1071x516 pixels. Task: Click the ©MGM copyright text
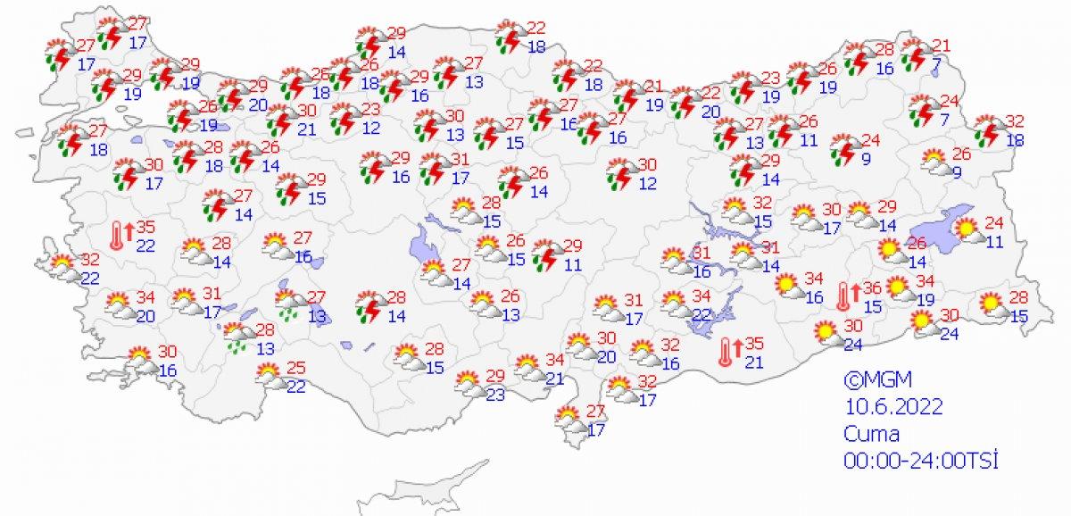(x=870, y=379)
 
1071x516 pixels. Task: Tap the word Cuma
(x=872, y=434)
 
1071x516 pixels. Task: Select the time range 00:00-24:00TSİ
(x=919, y=461)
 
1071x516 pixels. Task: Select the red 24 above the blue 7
(x=948, y=101)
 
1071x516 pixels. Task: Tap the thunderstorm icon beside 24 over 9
(x=843, y=149)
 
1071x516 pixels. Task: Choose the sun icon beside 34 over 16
(x=787, y=287)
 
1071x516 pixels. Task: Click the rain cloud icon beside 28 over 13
(x=237, y=337)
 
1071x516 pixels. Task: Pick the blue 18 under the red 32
(x=1015, y=140)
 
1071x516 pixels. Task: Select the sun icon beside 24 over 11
(x=967, y=231)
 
